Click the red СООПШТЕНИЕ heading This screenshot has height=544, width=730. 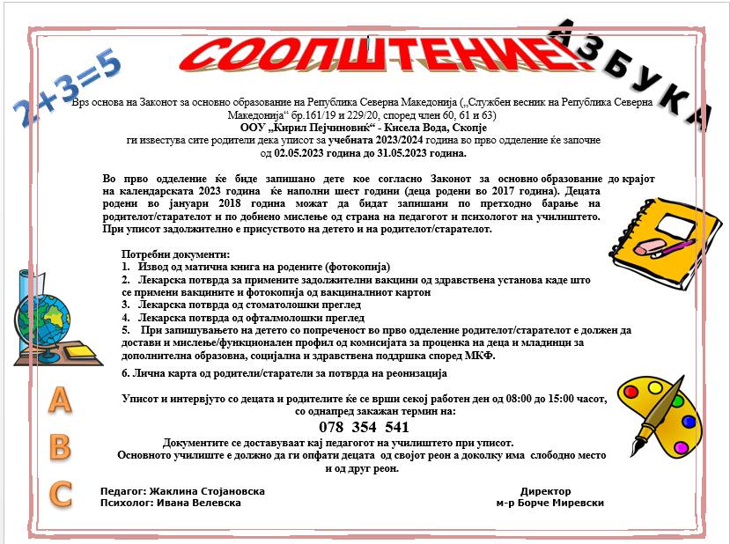pyautogui.click(x=379, y=52)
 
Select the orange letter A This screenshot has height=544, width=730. pyautogui.click(x=58, y=401)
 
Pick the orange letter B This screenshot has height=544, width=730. pyautogui.click(x=59, y=446)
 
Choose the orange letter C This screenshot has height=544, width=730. pyautogui.click(x=60, y=494)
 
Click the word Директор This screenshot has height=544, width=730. pyautogui.click(x=545, y=491)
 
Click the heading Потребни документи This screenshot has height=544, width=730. pyautogui.click(x=170, y=254)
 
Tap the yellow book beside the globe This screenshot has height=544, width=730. pyautogui.click(x=80, y=351)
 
